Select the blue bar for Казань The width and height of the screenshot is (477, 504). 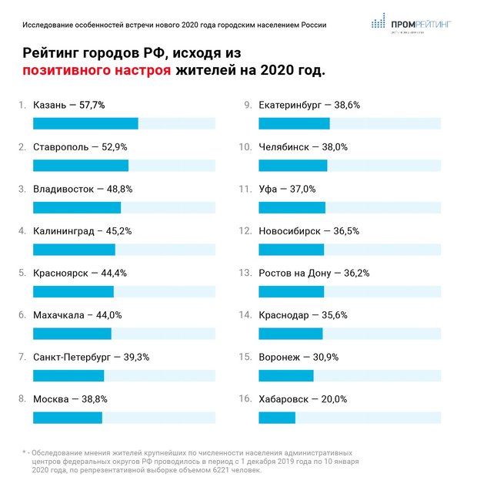click(x=85, y=123)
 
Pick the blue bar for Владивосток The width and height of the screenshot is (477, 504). click(x=77, y=207)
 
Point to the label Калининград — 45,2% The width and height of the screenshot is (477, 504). click(x=83, y=230)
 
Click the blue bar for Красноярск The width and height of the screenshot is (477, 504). click(x=73, y=291)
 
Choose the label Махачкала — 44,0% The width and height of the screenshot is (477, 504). click(x=78, y=314)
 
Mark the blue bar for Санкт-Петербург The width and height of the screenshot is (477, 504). click(x=68, y=375)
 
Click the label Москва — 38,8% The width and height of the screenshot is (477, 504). click(x=70, y=399)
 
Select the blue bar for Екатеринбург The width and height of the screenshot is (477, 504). click(x=294, y=123)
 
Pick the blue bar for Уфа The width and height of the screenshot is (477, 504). click(x=292, y=207)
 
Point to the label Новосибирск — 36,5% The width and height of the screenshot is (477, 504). click(x=309, y=230)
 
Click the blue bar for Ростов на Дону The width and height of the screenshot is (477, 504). click(x=291, y=291)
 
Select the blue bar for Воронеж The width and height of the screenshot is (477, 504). click(x=285, y=375)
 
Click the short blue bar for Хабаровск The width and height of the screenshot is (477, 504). click(x=277, y=418)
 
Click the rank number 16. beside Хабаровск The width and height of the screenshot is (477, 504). click(x=245, y=399)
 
